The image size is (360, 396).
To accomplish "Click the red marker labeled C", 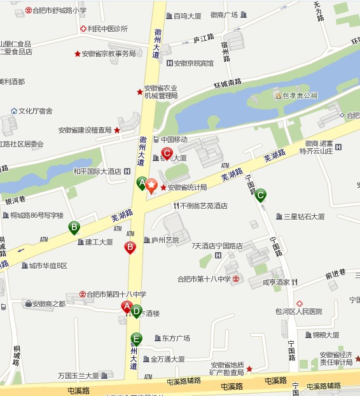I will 167,153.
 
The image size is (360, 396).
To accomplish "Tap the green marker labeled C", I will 260,195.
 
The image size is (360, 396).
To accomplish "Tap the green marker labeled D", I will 136,311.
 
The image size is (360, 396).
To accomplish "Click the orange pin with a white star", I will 151,186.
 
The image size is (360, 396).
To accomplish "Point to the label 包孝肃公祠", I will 300,96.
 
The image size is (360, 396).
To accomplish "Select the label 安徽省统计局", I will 187,188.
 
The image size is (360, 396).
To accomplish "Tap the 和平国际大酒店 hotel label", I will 97,171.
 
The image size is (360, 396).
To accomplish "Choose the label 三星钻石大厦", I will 303,216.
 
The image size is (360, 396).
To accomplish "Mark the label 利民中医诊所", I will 107,29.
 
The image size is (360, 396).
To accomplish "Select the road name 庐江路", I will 204,39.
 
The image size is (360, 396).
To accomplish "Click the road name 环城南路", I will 228,83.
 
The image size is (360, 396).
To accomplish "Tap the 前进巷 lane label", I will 335,273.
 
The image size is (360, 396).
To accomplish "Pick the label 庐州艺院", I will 165,240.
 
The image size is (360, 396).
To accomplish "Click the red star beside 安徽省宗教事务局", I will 78,54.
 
